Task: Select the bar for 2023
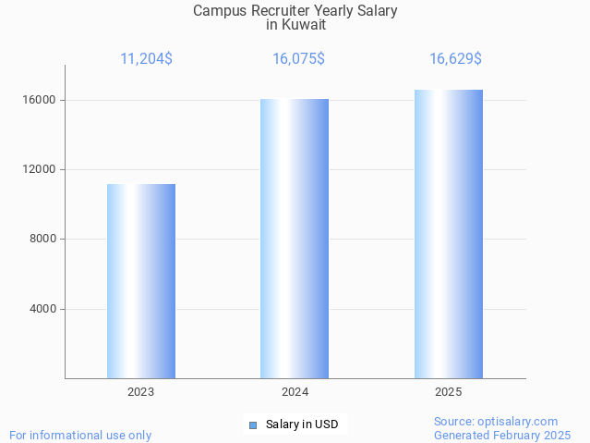coord(141,281)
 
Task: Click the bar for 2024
coord(295,239)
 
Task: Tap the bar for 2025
coord(449,234)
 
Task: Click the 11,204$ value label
coord(146,59)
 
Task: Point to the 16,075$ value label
coord(298,59)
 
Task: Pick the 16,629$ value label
coord(455,59)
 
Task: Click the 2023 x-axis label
coord(141,392)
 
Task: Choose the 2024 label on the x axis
coord(295,392)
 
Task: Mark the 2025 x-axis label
coord(449,392)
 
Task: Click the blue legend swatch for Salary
coord(253,425)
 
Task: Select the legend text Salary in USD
coord(302,425)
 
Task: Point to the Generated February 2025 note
coord(502,435)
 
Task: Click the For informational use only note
coord(80,435)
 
